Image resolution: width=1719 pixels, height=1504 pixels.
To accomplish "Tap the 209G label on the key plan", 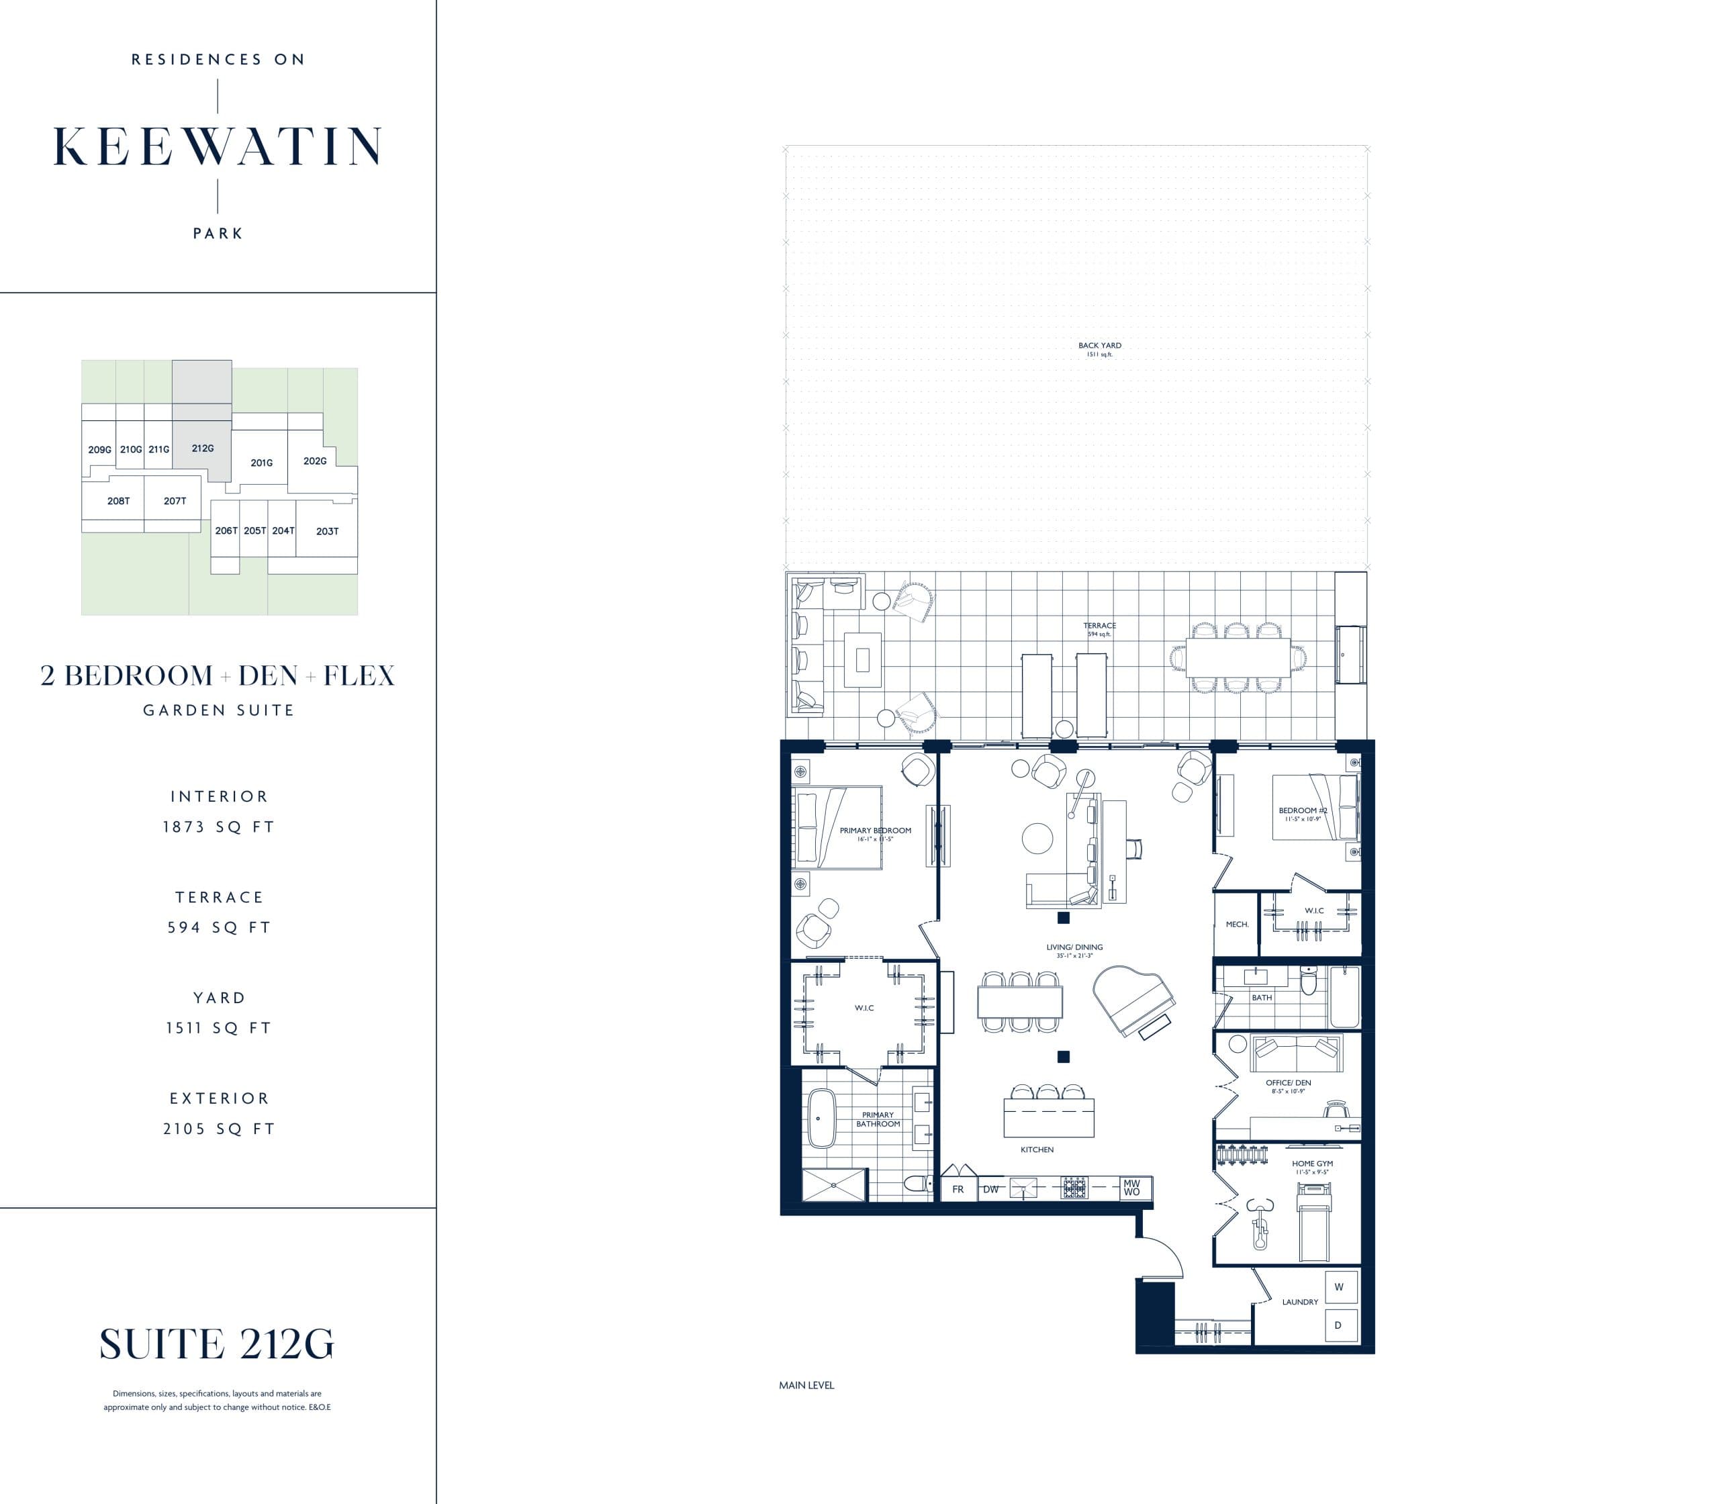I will [99, 450].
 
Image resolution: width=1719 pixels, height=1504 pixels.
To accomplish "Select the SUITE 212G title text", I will [216, 1344].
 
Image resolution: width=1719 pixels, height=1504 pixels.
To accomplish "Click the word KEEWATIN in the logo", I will [218, 148].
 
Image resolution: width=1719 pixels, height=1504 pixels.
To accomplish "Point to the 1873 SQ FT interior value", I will [218, 827].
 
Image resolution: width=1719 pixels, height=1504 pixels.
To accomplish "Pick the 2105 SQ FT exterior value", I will [218, 1129].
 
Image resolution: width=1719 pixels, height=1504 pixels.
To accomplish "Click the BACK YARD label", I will [1099, 346].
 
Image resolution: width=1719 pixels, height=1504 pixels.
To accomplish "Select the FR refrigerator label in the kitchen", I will [958, 1189].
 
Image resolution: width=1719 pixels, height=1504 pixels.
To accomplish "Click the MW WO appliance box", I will [1131, 1188].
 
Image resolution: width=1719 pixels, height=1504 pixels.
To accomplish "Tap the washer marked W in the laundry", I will [1339, 1286].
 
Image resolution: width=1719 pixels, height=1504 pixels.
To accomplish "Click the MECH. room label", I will [1236, 924].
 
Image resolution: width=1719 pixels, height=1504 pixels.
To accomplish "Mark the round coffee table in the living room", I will [1037, 839].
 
